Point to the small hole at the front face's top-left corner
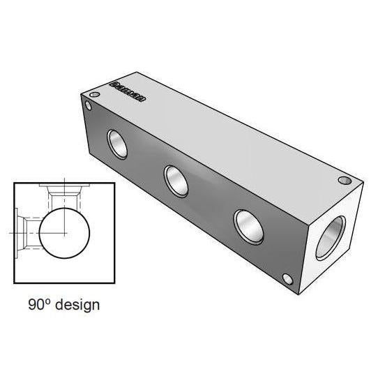(88, 106)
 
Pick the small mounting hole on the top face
(343, 181)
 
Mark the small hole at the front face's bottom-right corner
(288, 280)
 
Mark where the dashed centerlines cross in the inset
(63, 230)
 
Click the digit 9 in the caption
(32, 305)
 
